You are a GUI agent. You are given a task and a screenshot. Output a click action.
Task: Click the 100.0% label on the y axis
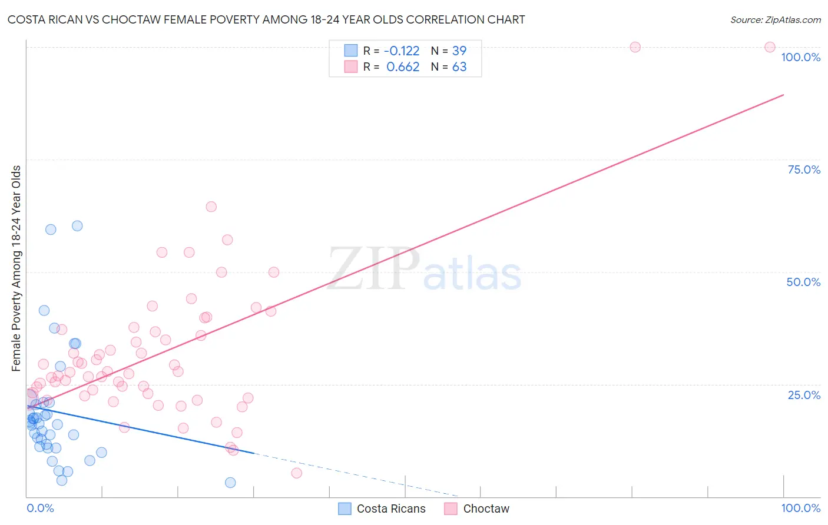point(800,57)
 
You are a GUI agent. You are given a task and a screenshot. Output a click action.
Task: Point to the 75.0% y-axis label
point(804,170)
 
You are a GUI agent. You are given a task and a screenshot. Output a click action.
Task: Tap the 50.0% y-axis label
point(803,282)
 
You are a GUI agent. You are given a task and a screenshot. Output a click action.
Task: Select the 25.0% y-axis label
point(804,395)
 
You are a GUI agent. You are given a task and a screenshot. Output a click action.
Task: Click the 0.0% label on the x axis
point(40,508)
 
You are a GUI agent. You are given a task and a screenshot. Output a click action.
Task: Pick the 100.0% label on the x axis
point(800,508)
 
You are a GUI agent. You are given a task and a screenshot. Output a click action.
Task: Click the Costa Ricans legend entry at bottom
point(390,509)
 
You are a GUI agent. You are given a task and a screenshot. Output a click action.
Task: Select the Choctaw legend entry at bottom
point(486,509)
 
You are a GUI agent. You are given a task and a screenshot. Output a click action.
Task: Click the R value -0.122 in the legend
point(402,51)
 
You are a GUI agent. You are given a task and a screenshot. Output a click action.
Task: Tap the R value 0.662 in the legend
point(403,67)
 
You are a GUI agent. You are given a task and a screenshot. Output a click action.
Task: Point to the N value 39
point(459,51)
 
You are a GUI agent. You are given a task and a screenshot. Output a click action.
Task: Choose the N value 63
point(459,67)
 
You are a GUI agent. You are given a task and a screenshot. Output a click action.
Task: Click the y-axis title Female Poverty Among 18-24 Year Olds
point(16,268)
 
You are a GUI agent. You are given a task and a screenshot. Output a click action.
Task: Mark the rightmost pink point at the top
point(770,47)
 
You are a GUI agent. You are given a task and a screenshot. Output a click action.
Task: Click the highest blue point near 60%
point(77,226)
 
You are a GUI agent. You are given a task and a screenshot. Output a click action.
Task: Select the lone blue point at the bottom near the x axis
point(230,483)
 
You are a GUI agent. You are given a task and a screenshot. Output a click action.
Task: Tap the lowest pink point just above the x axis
point(296,473)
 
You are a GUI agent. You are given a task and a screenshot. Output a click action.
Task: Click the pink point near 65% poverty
point(211,207)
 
